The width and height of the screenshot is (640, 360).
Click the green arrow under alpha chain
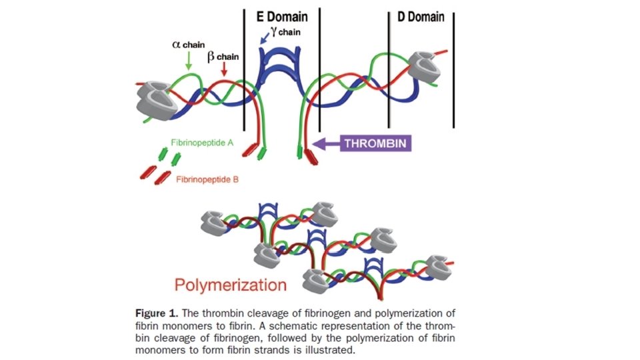point(189,61)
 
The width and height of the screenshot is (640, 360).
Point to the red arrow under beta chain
point(225,68)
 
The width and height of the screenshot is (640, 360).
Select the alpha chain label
point(189,45)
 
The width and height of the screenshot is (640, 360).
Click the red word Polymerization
point(231,285)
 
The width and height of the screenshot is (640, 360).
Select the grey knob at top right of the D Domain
point(425,67)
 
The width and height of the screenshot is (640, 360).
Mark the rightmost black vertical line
point(454,67)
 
